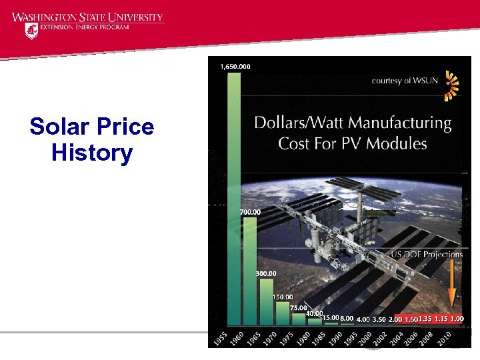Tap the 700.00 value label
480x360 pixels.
pos(250,212)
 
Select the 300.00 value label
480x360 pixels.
pos(266,273)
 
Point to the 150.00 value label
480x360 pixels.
pos(283,297)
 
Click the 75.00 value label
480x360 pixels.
pos(299,307)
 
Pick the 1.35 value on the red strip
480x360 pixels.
pos(425,319)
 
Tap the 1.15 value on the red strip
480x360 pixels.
pos(441,319)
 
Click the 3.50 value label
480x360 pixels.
pos(379,319)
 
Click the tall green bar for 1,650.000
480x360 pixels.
pos(234,200)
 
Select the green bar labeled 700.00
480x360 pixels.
pos(250,273)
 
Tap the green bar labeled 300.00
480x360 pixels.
pos(266,303)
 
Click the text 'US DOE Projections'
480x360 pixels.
pos(427,254)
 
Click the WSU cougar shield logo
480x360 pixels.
pos(31,30)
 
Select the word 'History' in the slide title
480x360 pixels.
pos(92,153)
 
